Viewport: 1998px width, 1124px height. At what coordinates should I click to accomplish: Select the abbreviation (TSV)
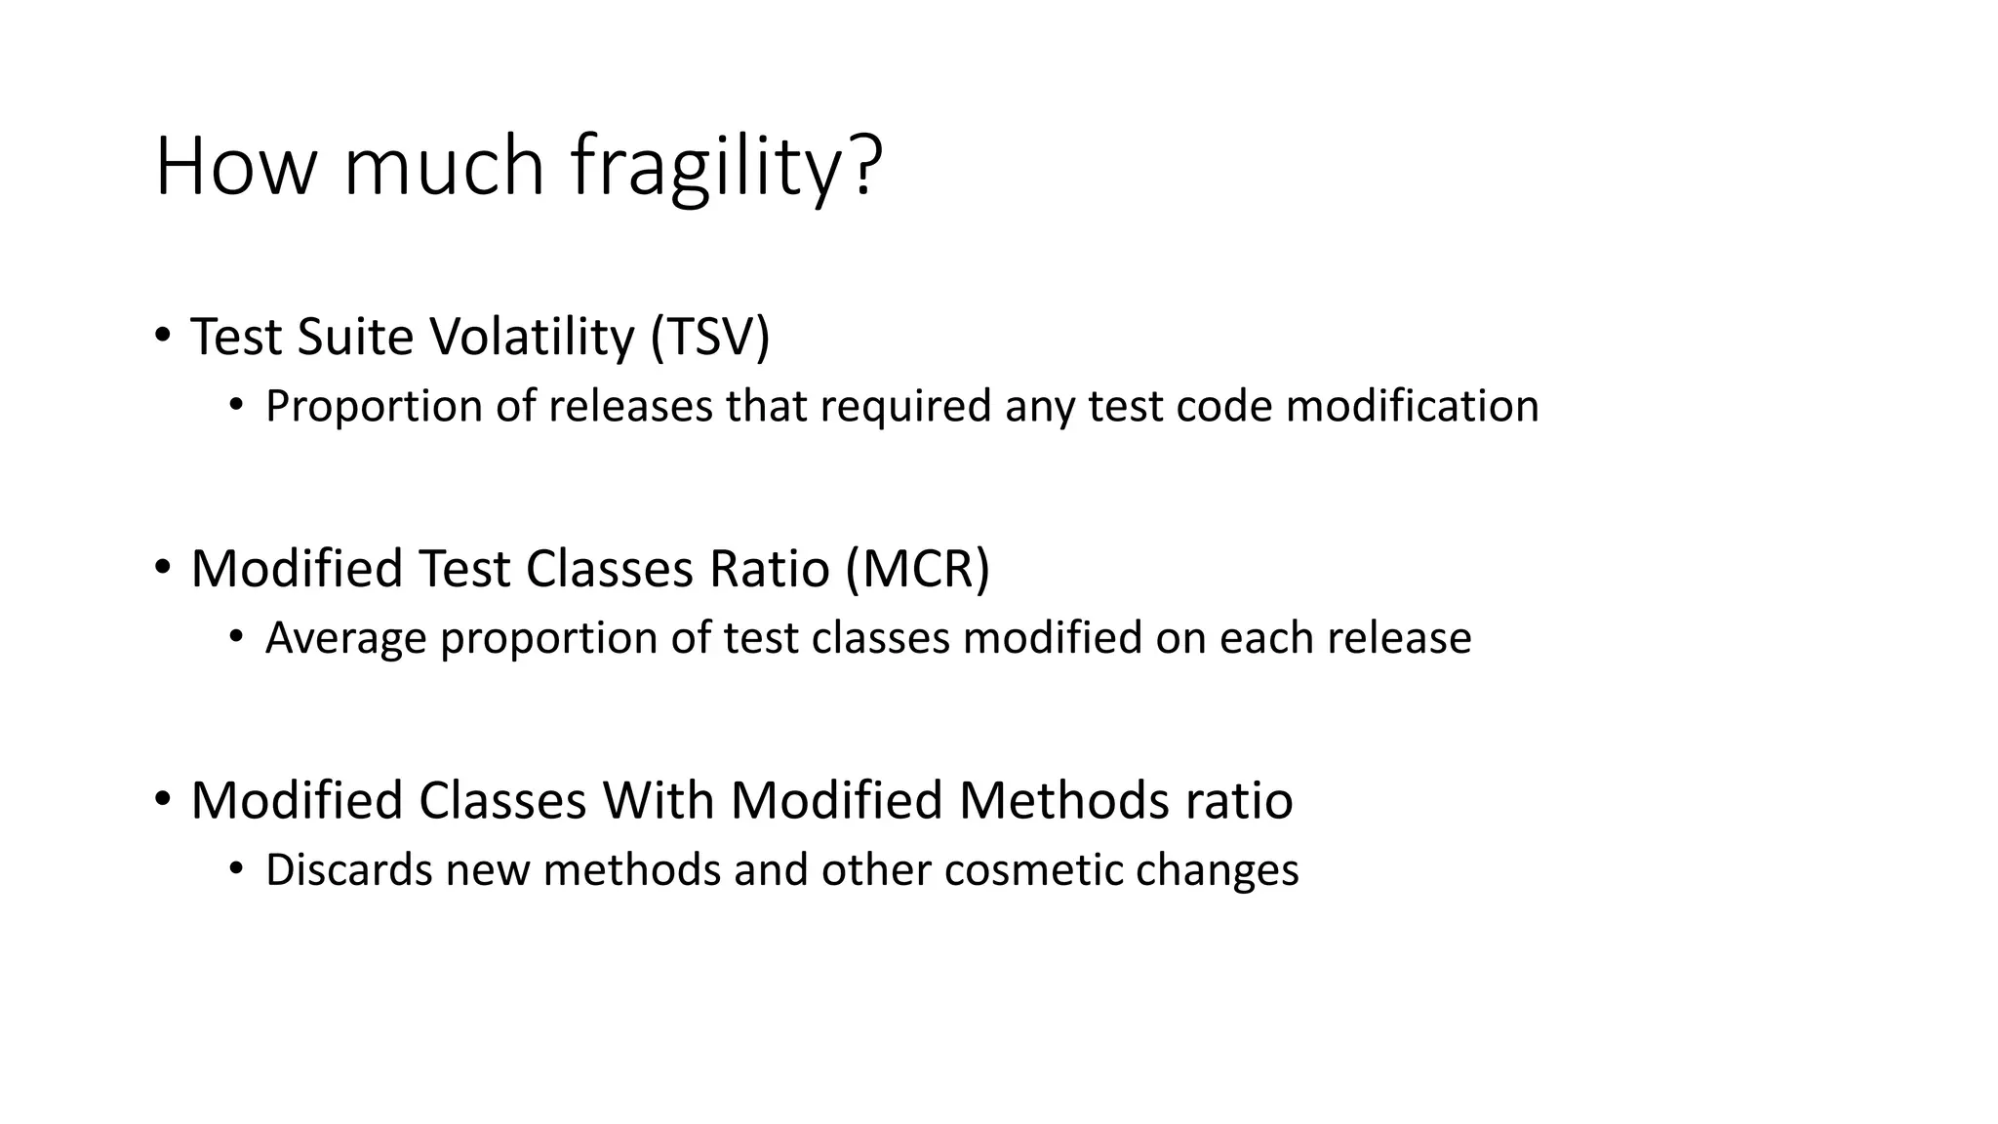710,337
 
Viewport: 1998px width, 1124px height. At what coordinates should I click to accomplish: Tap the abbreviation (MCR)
918,569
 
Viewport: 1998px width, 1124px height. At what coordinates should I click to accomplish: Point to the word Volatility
533,337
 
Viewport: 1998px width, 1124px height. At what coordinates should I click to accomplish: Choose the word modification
1412,406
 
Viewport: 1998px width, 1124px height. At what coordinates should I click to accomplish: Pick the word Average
345,638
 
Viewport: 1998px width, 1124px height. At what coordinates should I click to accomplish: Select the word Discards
348,870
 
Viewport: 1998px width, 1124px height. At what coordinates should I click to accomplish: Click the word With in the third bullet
659,801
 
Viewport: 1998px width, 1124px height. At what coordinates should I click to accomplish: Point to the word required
905,407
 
